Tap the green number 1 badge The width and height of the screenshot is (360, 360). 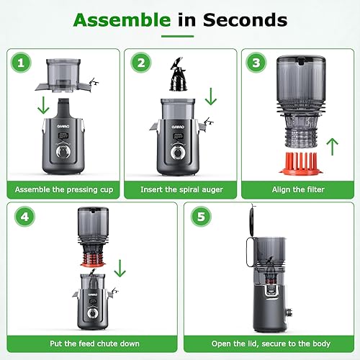(22, 63)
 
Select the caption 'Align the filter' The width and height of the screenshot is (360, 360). (297, 189)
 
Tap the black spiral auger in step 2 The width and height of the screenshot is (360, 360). (172, 75)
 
